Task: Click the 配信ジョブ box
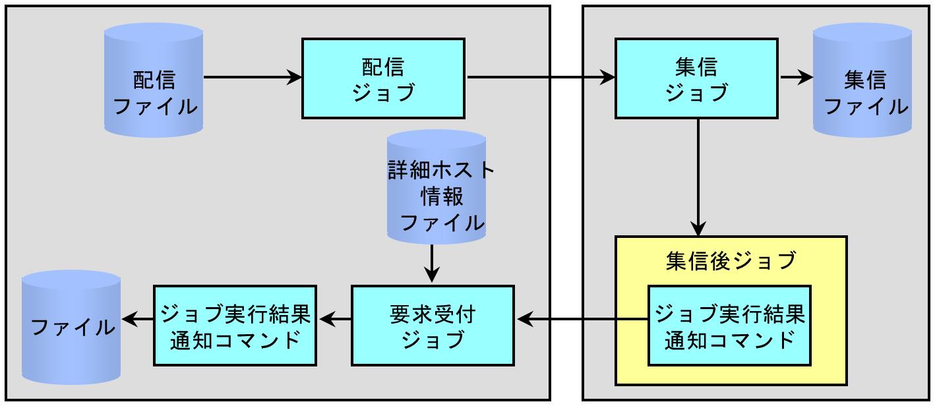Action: (x=383, y=78)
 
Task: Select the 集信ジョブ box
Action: (x=696, y=78)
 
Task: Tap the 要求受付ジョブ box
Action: (x=433, y=326)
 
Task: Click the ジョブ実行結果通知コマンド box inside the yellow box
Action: (x=729, y=326)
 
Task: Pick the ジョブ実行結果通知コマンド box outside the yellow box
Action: (x=235, y=326)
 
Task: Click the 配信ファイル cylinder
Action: (x=154, y=80)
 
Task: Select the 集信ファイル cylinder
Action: (x=862, y=80)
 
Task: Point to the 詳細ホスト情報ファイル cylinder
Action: (x=437, y=187)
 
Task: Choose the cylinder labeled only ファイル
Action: (x=71, y=327)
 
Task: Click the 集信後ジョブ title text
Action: (x=731, y=261)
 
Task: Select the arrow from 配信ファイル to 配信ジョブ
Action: (x=253, y=77)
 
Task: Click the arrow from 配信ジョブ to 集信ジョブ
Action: (x=541, y=77)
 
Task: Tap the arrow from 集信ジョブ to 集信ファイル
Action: (x=797, y=77)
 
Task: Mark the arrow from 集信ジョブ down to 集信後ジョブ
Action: (x=698, y=178)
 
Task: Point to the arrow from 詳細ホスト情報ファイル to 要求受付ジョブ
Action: (x=432, y=264)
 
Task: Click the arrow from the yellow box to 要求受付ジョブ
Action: (x=582, y=320)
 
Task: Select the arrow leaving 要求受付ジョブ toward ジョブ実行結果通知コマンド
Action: (x=335, y=320)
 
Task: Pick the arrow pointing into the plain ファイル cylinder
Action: (x=137, y=320)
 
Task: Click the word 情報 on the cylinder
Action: (x=442, y=196)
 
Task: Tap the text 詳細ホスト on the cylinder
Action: (x=440, y=169)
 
